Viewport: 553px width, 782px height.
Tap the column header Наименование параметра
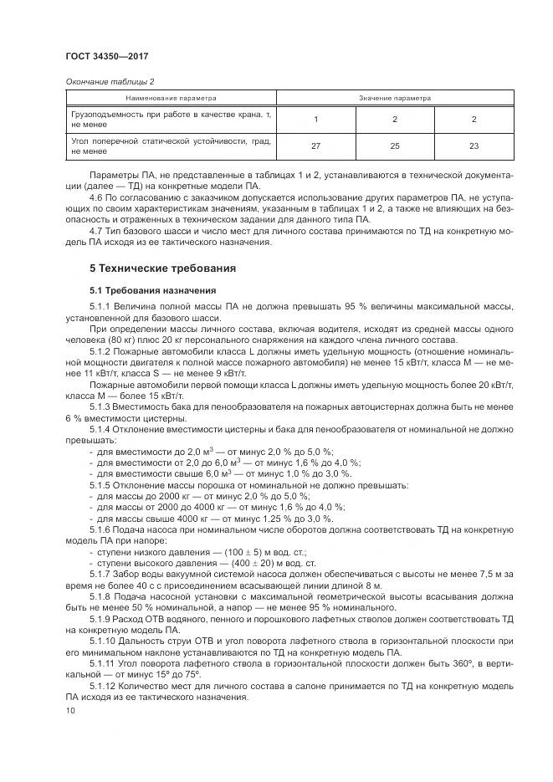pos(171,98)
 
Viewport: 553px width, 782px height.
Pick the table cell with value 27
pos(315,146)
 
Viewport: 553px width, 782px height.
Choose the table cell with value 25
pos(394,146)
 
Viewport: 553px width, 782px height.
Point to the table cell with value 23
pos(473,146)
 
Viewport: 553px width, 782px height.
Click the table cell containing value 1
pos(315,119)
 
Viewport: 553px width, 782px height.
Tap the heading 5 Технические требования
pos(162,268)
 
